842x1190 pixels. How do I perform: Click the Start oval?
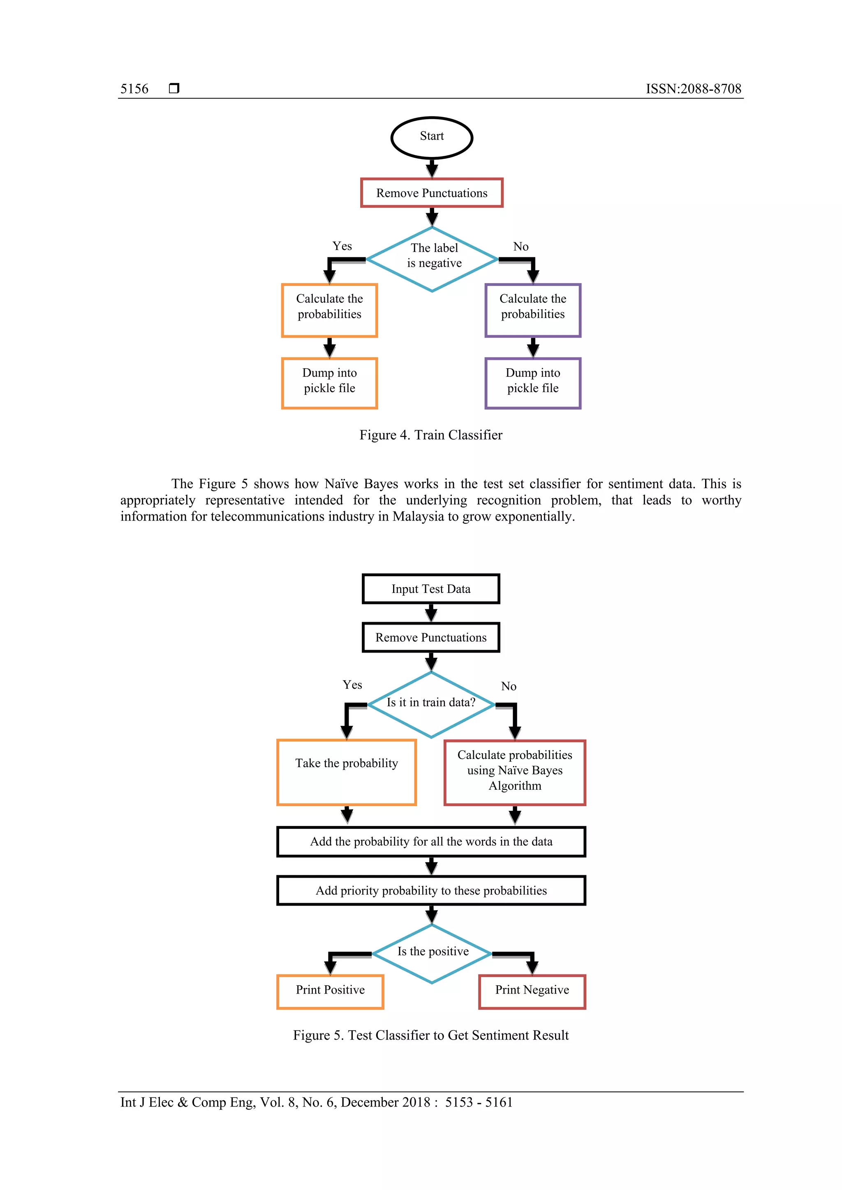[431, 137]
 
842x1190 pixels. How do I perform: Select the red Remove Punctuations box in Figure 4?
[431, 193]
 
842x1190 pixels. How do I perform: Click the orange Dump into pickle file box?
[329, 383]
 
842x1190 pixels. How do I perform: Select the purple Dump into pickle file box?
[532, 383]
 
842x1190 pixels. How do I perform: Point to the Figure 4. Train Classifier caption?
[430, 435]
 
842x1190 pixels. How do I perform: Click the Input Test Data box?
[430, 589]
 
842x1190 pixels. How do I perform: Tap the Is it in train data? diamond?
[431, 704]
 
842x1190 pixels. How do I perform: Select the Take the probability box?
[346, 772]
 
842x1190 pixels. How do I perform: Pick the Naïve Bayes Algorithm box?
[514, 772]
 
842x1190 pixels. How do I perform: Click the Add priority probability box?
[431, 890]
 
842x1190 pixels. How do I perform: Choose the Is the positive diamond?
[432, 953]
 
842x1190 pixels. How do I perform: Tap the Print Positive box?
[330, 992]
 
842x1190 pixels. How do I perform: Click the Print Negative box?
[532, 992]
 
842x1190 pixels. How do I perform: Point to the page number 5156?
[134, 89]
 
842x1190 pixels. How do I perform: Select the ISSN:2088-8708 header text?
[693, 89]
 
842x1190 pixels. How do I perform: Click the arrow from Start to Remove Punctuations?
[431, 168]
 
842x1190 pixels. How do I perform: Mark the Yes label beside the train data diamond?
[352, 685]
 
